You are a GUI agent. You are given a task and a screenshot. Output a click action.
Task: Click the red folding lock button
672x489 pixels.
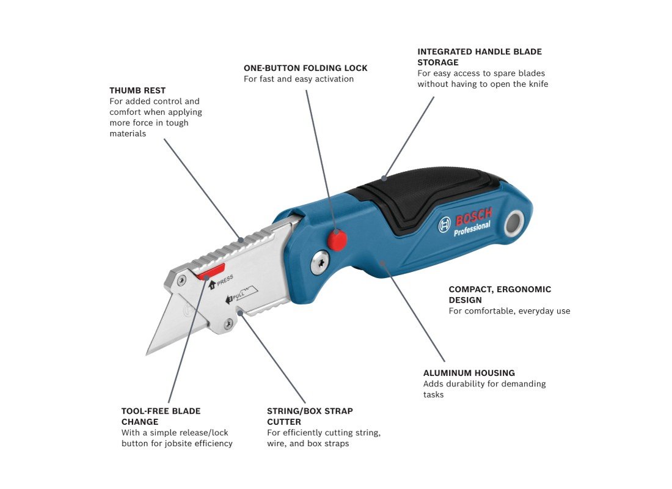click(x=337, y=240)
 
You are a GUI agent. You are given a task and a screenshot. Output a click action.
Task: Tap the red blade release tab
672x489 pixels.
click(x=211, y=272)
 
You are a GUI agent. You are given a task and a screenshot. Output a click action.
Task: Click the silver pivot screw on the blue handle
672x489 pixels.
click(x=320, y=262)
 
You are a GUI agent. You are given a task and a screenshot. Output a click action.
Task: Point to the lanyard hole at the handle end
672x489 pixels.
click(x=514, y=224)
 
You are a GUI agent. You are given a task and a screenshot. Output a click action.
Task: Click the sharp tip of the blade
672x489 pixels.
click(x=147, y=355)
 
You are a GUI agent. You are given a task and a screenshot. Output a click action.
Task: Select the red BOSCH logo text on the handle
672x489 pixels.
click(x=474, y=216)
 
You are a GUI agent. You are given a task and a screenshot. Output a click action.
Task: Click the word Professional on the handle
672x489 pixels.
click(x=472, y=229)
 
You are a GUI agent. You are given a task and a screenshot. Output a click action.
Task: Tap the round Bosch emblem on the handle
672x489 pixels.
click(x=444, y=224)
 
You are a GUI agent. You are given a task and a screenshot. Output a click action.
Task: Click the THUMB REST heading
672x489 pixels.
click(x=137, y=90)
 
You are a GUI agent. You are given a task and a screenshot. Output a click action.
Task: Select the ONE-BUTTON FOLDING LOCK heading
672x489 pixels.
click(x=305, y=68)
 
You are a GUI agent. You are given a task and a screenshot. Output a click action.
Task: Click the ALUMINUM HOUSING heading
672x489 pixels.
click(x=469, y=373)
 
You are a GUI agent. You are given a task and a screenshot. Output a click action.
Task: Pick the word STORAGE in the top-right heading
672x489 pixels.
click(x=438, y=62)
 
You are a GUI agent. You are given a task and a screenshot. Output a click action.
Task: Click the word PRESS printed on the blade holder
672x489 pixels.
click(x=225, y=280)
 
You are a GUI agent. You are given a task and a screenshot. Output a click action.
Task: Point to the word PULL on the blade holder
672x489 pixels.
click(x=238, y=296)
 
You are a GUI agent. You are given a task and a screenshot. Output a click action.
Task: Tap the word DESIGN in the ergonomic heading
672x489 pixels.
click(x=465, y=300)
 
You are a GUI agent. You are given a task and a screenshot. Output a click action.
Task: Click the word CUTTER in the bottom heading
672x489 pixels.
click(x=283, y=422)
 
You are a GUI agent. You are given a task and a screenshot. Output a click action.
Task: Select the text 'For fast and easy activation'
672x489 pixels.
click(x=299, y=79)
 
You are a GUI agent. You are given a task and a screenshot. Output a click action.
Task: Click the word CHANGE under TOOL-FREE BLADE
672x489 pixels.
click(x=140, y=422)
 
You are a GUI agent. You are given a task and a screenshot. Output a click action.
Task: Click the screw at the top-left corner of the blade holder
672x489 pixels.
click(x=181, y=281)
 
